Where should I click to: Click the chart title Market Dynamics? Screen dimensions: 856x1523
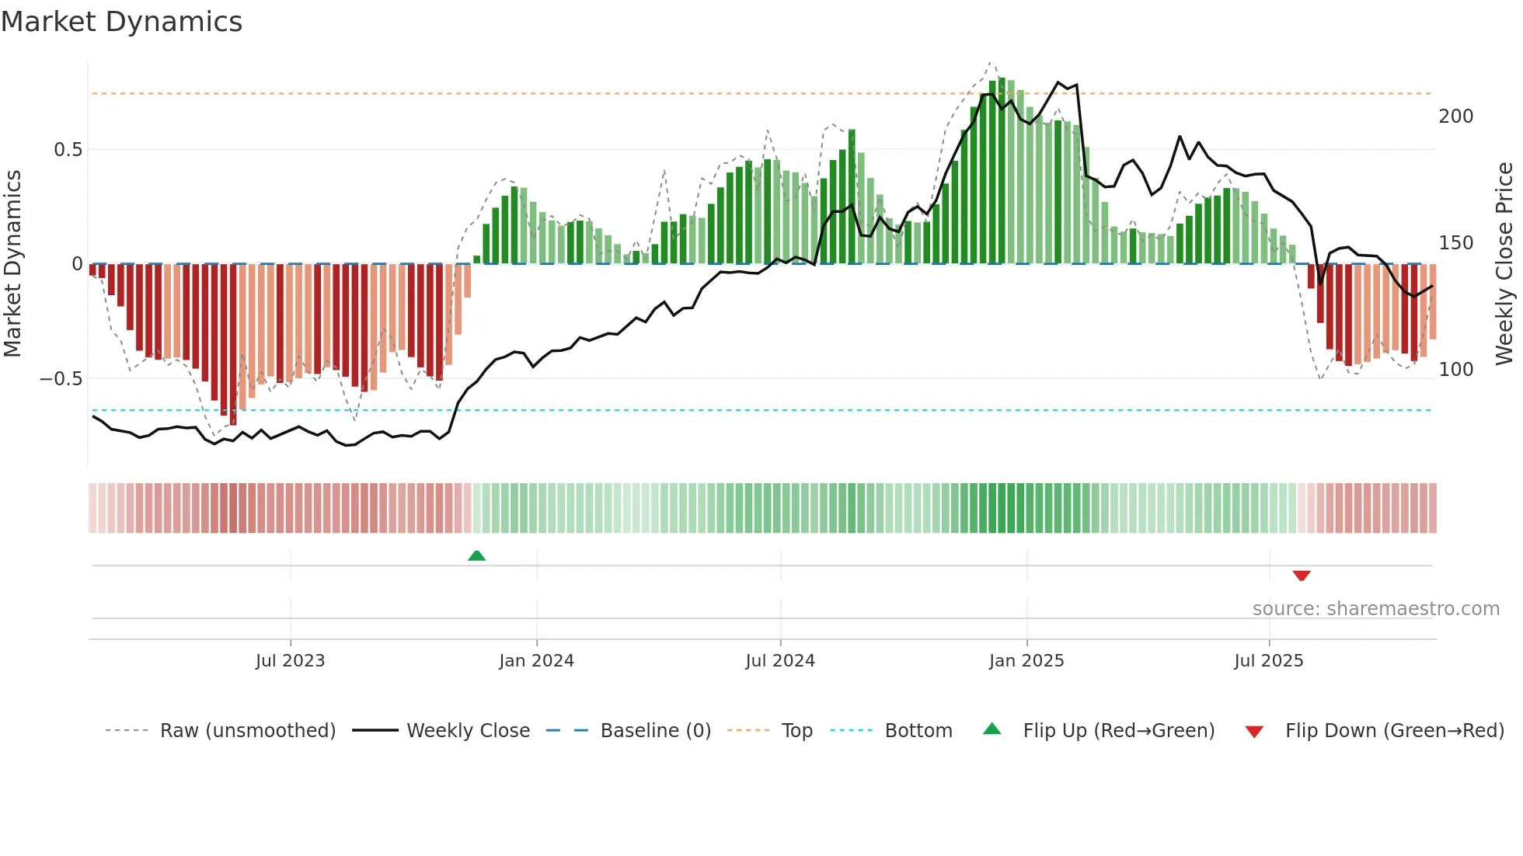point(121,22)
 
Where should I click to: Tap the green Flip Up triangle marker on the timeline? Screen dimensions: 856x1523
point(476,555)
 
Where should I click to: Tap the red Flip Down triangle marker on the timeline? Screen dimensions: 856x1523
point(1302,576)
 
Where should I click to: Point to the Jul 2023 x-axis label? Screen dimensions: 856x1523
point(290,661)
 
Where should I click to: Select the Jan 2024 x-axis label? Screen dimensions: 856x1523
point(536,661)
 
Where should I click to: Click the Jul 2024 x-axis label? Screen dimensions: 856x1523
point(780,661)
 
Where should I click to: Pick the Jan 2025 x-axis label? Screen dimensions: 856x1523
point(1026,661)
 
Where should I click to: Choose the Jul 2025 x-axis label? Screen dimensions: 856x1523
point(1269,661)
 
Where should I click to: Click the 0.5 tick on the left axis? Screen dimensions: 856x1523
point(68,150)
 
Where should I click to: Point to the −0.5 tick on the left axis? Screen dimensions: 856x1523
point(61,379)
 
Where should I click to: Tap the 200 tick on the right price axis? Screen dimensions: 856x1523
point(1455,117)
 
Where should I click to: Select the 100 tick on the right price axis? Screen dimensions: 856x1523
point(1455,370)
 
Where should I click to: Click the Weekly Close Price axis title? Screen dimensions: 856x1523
point(1504,263)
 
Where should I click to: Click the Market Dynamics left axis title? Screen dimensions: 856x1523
point(12,263)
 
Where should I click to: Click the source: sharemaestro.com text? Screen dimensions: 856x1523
point(1375,609)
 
